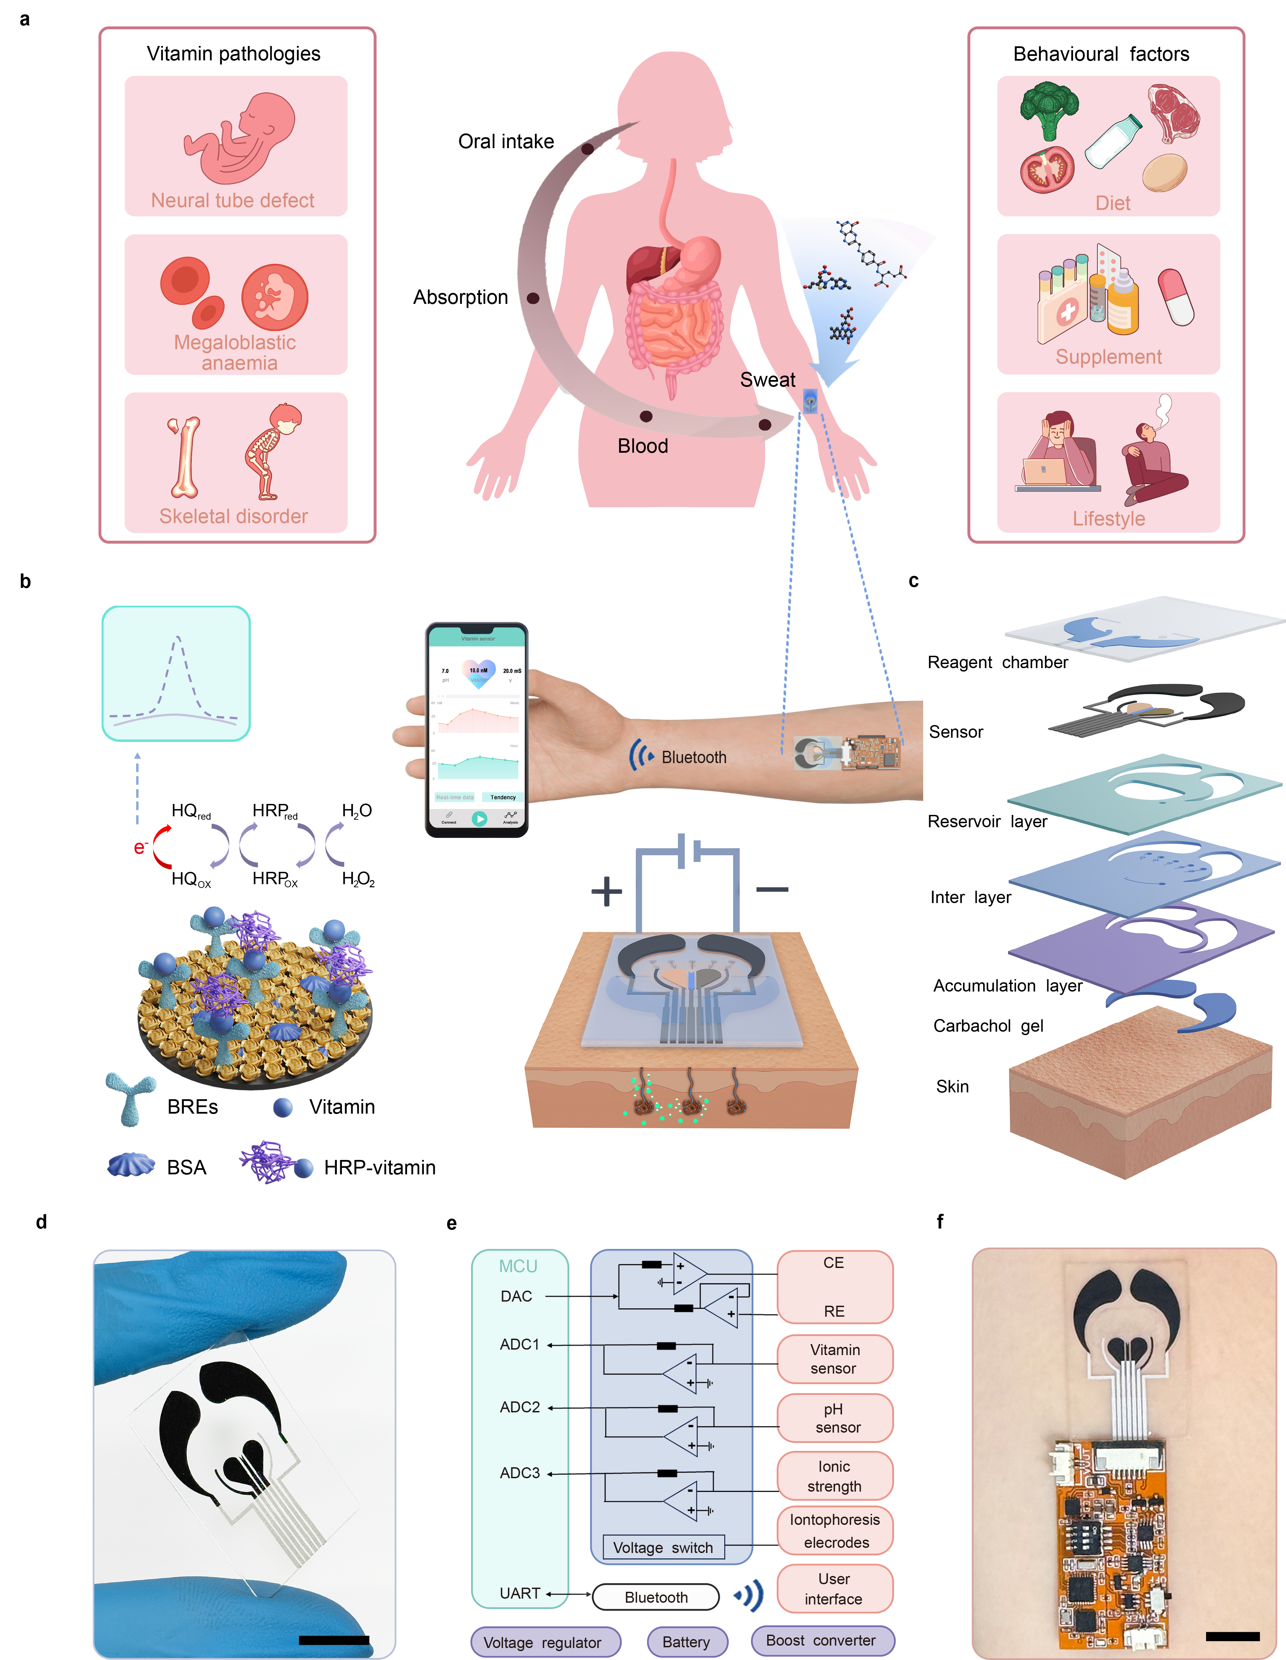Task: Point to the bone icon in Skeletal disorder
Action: pyautogui.click(x=185, y=456)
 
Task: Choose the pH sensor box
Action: pyautogui.click(x=835, y=1418)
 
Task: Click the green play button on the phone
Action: pyautogui.click(x=479, y=819)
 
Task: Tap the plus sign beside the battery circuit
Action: pyautogui.click(x=607, y=891)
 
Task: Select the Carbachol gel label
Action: pyautogui.click(x=988, y=1026)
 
